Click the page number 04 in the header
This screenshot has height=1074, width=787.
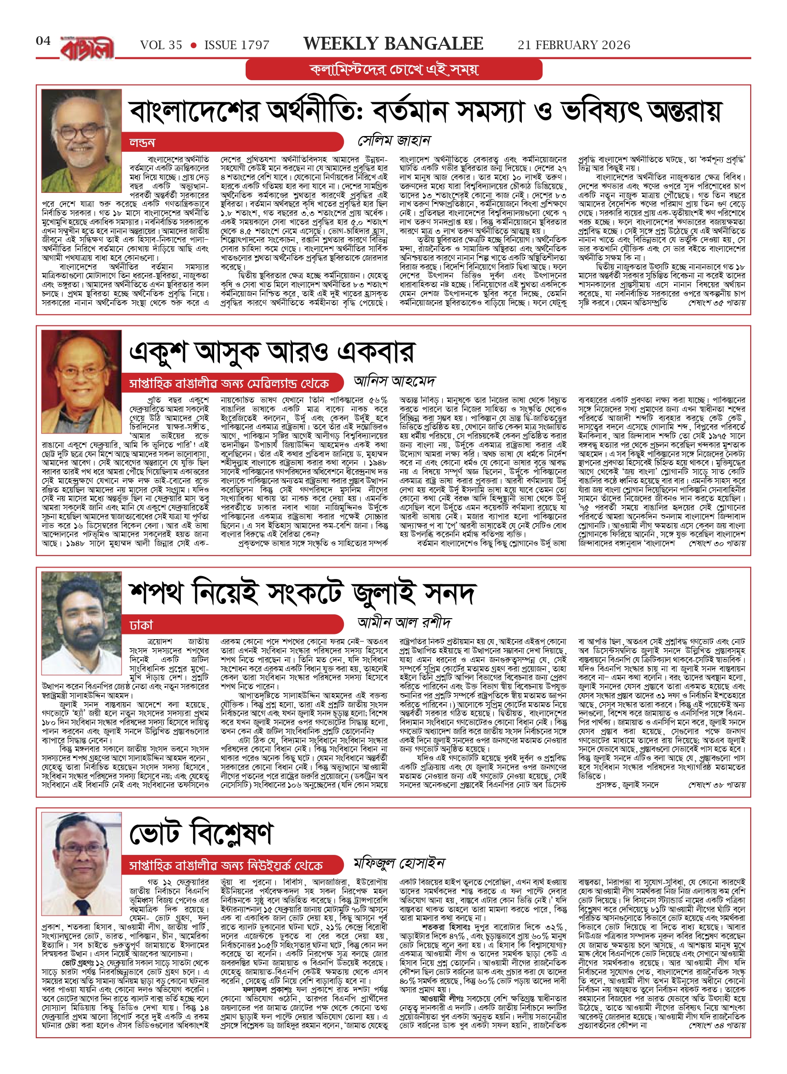click(43, 41)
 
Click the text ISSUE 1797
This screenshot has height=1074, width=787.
click(237, 45)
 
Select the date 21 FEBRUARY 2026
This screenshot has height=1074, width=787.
click(574, 45)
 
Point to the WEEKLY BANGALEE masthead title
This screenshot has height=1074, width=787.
click(393, 44)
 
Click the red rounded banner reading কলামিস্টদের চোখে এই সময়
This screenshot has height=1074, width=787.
click(394, 70)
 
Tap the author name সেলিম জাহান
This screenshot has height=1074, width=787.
click(394, 140)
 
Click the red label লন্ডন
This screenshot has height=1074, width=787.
click(142, 142)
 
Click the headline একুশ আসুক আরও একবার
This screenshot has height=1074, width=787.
click(272, 352)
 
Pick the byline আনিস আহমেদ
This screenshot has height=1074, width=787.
click(394, 381)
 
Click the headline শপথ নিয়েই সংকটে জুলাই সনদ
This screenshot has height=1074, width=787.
click(302, 593)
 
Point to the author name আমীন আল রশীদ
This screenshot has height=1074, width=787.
click(404, 622)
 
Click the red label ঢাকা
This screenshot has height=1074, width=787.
click(141, 625)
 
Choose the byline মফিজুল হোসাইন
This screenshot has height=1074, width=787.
click(399, 863)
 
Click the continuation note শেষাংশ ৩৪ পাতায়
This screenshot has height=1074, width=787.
click(717, 1025)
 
